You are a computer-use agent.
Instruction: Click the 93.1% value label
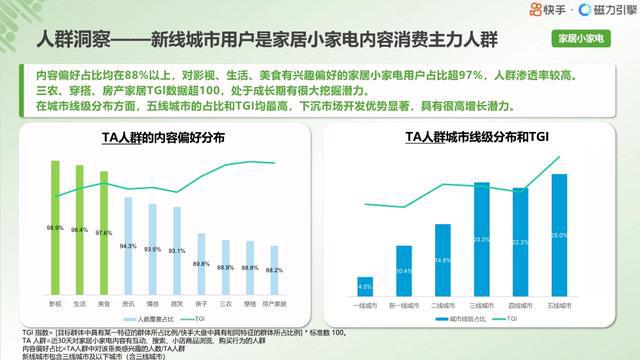click(177, 250)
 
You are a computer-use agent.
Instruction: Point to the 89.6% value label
click(201, 263)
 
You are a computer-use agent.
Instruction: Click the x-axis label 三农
click(226, 301)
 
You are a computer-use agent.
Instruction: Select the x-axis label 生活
click(79, 301)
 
